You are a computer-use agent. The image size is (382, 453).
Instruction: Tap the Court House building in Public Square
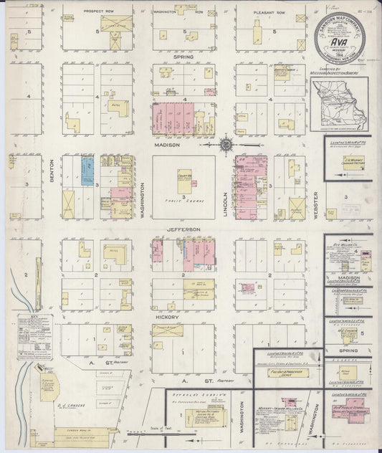[184, 181]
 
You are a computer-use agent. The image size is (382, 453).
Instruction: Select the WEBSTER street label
[317, 194]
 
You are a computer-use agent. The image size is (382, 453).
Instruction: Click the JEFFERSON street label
[183, 229]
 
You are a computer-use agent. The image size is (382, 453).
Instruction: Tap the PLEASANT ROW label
[267, 12]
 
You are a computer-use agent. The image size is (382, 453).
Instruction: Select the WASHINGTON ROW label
[183, 12]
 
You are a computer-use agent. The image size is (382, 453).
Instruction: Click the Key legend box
[34, 335]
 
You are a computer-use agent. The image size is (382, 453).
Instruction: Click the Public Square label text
[183, 201]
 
